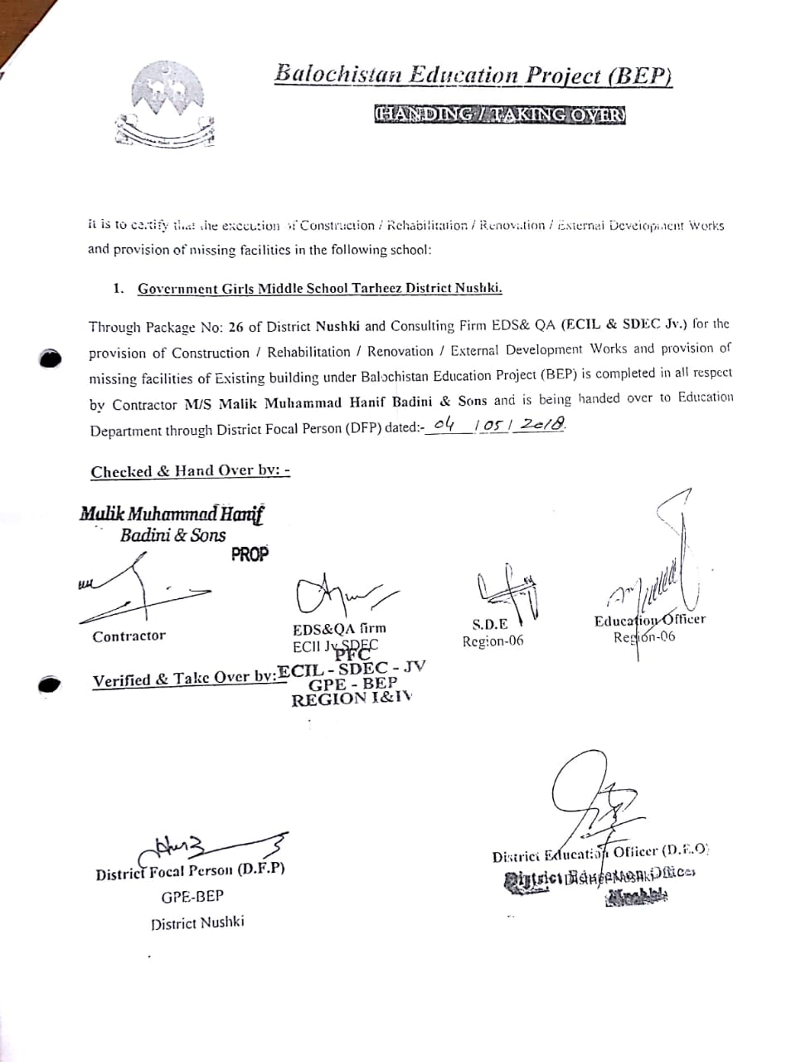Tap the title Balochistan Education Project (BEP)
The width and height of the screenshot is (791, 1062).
(x=473, y=75)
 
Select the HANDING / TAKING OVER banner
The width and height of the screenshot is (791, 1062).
(x=499, y=114)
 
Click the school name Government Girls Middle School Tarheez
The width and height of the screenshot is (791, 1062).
(x=319, y=289)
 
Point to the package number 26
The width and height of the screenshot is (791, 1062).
(x=235, y=326)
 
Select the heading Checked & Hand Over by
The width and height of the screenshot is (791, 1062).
(x=190, y=471)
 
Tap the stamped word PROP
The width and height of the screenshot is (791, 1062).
(x=250, y=554)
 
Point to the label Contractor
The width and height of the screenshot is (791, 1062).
(x=129, y=636)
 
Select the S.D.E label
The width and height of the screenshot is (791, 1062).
(x=489, y=624)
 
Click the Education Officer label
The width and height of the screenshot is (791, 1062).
(x=649, y=620)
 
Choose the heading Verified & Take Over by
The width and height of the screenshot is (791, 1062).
(x=184, y=680)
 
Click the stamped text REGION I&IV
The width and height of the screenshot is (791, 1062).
(x=351, y=699)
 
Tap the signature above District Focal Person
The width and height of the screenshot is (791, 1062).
(x=216, y=846)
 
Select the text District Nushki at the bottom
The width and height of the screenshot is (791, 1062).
(x=197, y=923)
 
